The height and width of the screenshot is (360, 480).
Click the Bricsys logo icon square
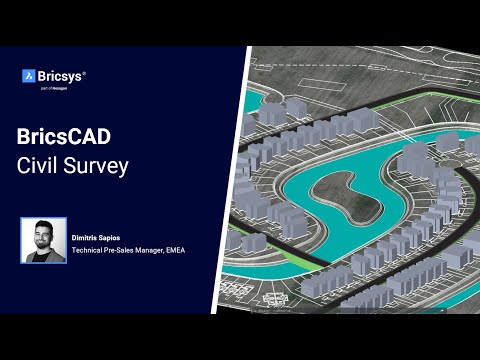point(29,75)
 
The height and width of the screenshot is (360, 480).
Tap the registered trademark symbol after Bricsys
point(83,71)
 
